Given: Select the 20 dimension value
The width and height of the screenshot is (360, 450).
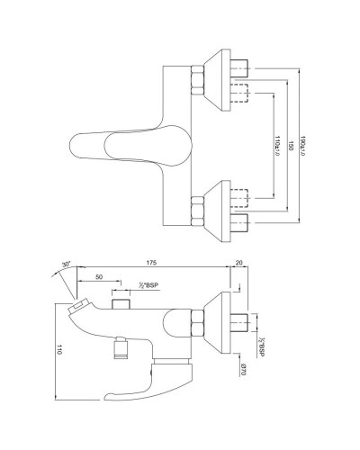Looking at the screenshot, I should tap(237, 262).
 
